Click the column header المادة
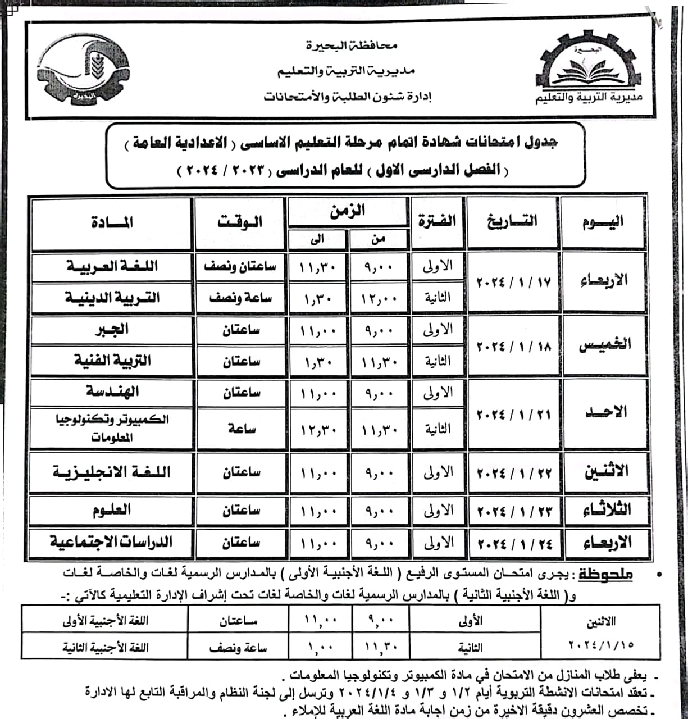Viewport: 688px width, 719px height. tap(112, 222)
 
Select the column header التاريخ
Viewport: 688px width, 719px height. tap(512, 221)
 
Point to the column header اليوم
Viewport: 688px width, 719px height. tap(603, 221)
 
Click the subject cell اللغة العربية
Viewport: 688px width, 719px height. tap(112, 266)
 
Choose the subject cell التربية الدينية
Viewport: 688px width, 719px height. tap(112, 298)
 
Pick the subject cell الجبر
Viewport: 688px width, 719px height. tap(112, 330)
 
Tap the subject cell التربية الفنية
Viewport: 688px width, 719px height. tap(112, 361)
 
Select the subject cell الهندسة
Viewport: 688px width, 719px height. tap(112, 392)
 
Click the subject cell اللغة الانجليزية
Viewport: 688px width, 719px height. tap(112, 472)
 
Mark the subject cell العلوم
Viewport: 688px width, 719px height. tap(112, 510)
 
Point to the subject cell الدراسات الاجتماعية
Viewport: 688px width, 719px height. tap(112, 543)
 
